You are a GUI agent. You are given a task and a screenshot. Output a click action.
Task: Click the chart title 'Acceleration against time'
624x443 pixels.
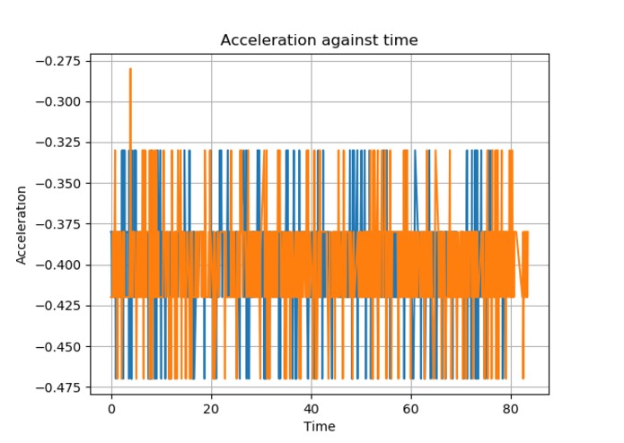319,40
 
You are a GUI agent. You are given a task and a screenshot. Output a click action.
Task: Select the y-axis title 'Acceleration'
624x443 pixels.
21,225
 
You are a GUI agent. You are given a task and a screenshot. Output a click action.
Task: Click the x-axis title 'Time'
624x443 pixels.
319,426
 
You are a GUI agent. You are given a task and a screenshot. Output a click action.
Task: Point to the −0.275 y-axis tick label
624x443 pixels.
58,61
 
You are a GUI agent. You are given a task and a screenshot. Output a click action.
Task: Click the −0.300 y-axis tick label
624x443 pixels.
58,102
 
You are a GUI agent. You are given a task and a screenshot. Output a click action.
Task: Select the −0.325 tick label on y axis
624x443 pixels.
58,143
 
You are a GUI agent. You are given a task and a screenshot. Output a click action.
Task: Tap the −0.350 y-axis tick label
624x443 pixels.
58,184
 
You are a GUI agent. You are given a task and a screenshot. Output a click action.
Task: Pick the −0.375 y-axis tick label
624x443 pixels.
58,224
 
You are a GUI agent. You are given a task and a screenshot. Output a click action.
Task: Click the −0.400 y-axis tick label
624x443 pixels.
58,265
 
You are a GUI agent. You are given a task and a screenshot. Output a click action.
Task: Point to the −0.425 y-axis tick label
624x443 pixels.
58,306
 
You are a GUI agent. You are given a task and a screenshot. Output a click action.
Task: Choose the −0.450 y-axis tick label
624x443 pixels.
58,347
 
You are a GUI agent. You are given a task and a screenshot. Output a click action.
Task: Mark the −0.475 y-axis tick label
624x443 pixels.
58,387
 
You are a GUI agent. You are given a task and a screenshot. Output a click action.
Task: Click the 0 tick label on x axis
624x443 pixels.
111,409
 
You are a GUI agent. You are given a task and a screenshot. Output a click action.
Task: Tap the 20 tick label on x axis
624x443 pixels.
211,409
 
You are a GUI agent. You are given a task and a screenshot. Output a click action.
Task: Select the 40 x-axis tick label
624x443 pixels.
312,409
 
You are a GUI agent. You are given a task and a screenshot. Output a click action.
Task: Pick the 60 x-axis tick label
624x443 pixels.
411,409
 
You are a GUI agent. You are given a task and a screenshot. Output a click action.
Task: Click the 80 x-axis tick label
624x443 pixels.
511,409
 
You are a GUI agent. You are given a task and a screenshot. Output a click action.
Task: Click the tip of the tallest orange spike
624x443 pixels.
130,69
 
